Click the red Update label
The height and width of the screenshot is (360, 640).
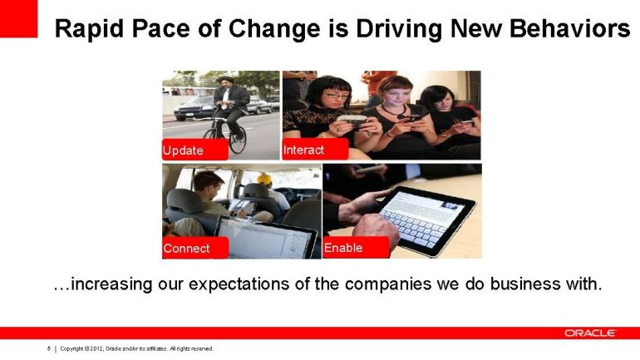(x=195, y=150)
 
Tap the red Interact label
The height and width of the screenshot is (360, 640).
(x=315, y=149)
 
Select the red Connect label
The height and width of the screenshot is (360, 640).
(x=195, y=248)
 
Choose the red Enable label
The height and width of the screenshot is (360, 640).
(x=356, y=248)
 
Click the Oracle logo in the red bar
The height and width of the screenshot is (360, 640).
(x=590, y=333)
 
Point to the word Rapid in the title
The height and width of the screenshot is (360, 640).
(x=89, y=29)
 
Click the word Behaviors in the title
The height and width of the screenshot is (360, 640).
(x=569, y=28)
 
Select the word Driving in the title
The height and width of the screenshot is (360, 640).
(x=398, y=29)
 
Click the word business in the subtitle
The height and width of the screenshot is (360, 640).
(x=525, y=284)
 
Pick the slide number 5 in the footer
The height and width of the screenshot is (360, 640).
(x=48, y=348)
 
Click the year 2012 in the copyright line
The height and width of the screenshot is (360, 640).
(x=96, y=348)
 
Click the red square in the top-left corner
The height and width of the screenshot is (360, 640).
(x=19, y=19)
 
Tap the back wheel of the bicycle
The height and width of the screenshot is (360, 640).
(x=238, y=139)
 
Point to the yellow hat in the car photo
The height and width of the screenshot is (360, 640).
(x=264, y=179)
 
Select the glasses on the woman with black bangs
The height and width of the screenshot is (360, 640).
(x=336, y=96)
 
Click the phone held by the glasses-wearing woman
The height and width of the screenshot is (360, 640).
(x=352, y=119)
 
